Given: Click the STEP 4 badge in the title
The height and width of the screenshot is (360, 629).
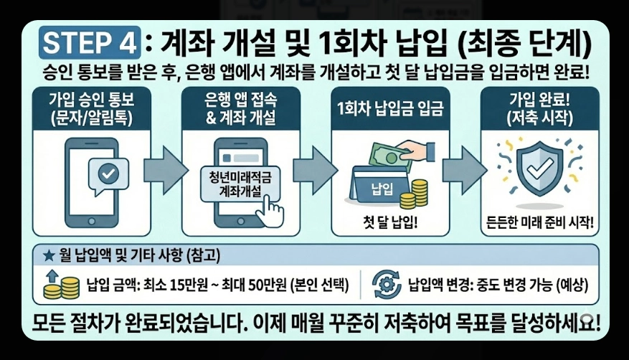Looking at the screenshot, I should (87, 42).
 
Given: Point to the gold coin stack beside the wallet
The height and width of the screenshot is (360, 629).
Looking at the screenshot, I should (414, 195).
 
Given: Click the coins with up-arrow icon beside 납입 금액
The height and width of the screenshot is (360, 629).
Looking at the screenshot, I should (60, 285).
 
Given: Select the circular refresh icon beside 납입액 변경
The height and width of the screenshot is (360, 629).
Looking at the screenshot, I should (388, 285).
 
